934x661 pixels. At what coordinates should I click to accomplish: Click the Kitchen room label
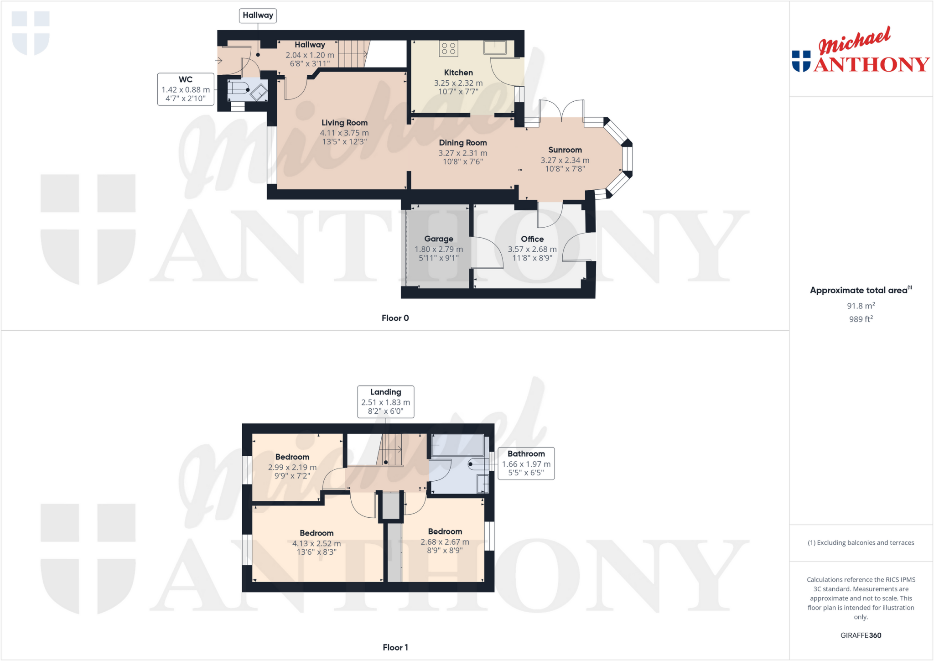click(x=458, y=73)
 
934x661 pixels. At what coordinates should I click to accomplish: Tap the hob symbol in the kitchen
click(x=448, y=48)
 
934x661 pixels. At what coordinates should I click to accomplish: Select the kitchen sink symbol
click(x=495, y=47)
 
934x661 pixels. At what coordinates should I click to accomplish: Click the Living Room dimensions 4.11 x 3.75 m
click(x=344, y=133)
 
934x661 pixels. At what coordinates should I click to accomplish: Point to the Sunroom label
click(x=565, y=150)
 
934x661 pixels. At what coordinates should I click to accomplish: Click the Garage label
click(x=439, y=239)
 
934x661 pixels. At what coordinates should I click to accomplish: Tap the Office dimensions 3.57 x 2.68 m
click(x=532, y=250)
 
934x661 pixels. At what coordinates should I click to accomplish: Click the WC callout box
click(x=186, y=89)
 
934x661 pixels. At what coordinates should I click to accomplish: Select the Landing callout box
click(x=386, y=401)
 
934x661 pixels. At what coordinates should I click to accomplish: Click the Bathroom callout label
click(x=526, y=454)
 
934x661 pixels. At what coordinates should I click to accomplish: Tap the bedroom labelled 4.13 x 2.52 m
click(x=317, y=542)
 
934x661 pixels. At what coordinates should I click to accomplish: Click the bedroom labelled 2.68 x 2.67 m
click(x=445, y=541)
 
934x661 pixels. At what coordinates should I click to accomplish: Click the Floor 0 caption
click(x=395, y=318)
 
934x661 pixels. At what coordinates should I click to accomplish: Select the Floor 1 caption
click(x=395, y=647)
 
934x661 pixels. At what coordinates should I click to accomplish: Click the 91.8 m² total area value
click(x=861, y=306)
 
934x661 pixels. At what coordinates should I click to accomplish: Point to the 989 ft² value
click(x=861, y=319)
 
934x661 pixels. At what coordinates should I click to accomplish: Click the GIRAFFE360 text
click(x=861, y=635)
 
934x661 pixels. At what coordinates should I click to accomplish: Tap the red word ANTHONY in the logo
click(x=871, y=65)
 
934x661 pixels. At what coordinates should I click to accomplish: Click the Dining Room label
click(x=463, y=143)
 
